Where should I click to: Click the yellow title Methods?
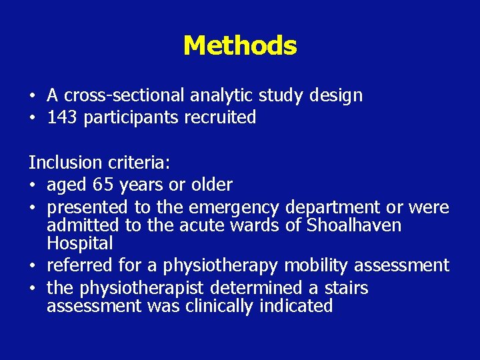240,46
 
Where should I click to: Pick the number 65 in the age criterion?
102,185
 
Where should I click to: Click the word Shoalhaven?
353,225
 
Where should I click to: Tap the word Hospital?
80,243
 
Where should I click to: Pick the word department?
339,207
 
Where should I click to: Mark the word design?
336,95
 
